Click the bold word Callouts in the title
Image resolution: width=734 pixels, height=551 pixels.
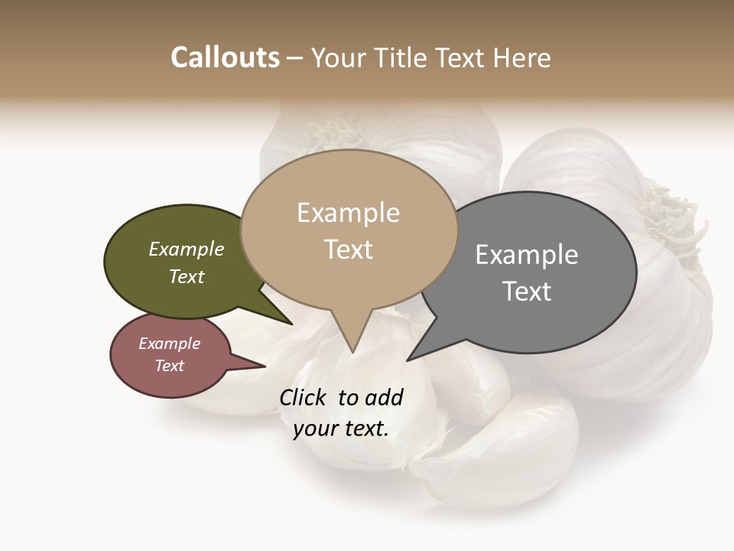225,57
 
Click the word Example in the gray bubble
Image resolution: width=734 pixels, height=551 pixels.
527,255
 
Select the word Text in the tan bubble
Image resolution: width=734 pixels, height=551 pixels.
349,249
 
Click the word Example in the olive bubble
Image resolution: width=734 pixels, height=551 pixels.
187,249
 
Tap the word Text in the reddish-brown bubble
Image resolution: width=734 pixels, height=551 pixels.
170,366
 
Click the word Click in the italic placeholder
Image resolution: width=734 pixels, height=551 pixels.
304,397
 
